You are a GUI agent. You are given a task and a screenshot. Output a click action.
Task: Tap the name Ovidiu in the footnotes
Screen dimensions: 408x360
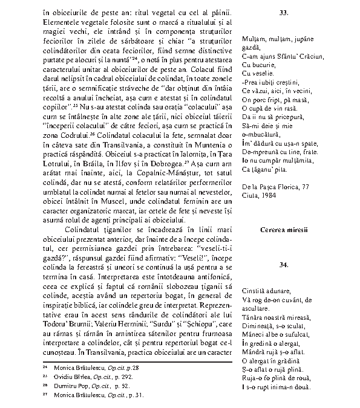pyautogui.click(x=65, y=376)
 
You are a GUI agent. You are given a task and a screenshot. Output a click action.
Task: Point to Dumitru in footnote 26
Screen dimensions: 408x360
pyautogui.click(x=67, y=384)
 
